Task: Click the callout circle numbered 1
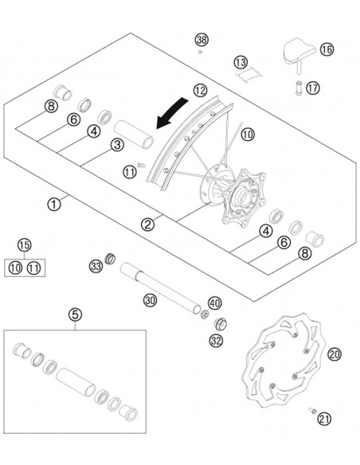click(x=54, y=204)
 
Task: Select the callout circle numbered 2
click(x=147, y=225)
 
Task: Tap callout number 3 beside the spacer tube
click(x=116, y=144)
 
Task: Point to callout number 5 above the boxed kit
click(x=75, y=315)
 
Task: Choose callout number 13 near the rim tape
click(x=241, y=61)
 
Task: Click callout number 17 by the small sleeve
click(x=312, y=88)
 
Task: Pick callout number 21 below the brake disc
click(x=323, y=419)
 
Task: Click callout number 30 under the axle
click(x=149, y=299)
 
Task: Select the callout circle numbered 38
click(x=202, y=40)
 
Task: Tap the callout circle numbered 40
click(x=213, y=303)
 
